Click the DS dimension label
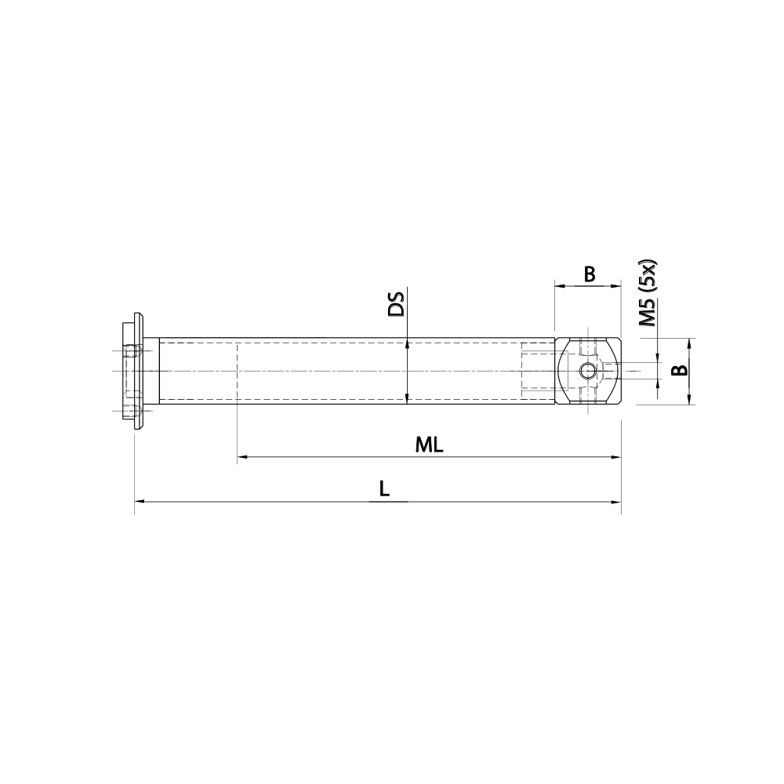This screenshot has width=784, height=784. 397,304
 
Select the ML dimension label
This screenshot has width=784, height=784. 430,445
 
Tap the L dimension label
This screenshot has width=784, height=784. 383,489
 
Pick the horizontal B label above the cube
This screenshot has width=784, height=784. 590,274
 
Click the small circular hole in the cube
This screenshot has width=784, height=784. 586,371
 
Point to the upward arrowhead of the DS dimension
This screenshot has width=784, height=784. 407,343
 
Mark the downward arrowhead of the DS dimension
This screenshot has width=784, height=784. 407,399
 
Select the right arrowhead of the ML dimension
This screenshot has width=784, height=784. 615,456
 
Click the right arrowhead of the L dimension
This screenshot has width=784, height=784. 615,499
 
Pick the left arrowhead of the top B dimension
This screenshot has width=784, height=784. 560,287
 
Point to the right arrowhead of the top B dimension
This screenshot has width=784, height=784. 615,287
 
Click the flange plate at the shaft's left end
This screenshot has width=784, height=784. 140,371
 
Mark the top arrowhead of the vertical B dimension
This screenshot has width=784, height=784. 689,343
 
